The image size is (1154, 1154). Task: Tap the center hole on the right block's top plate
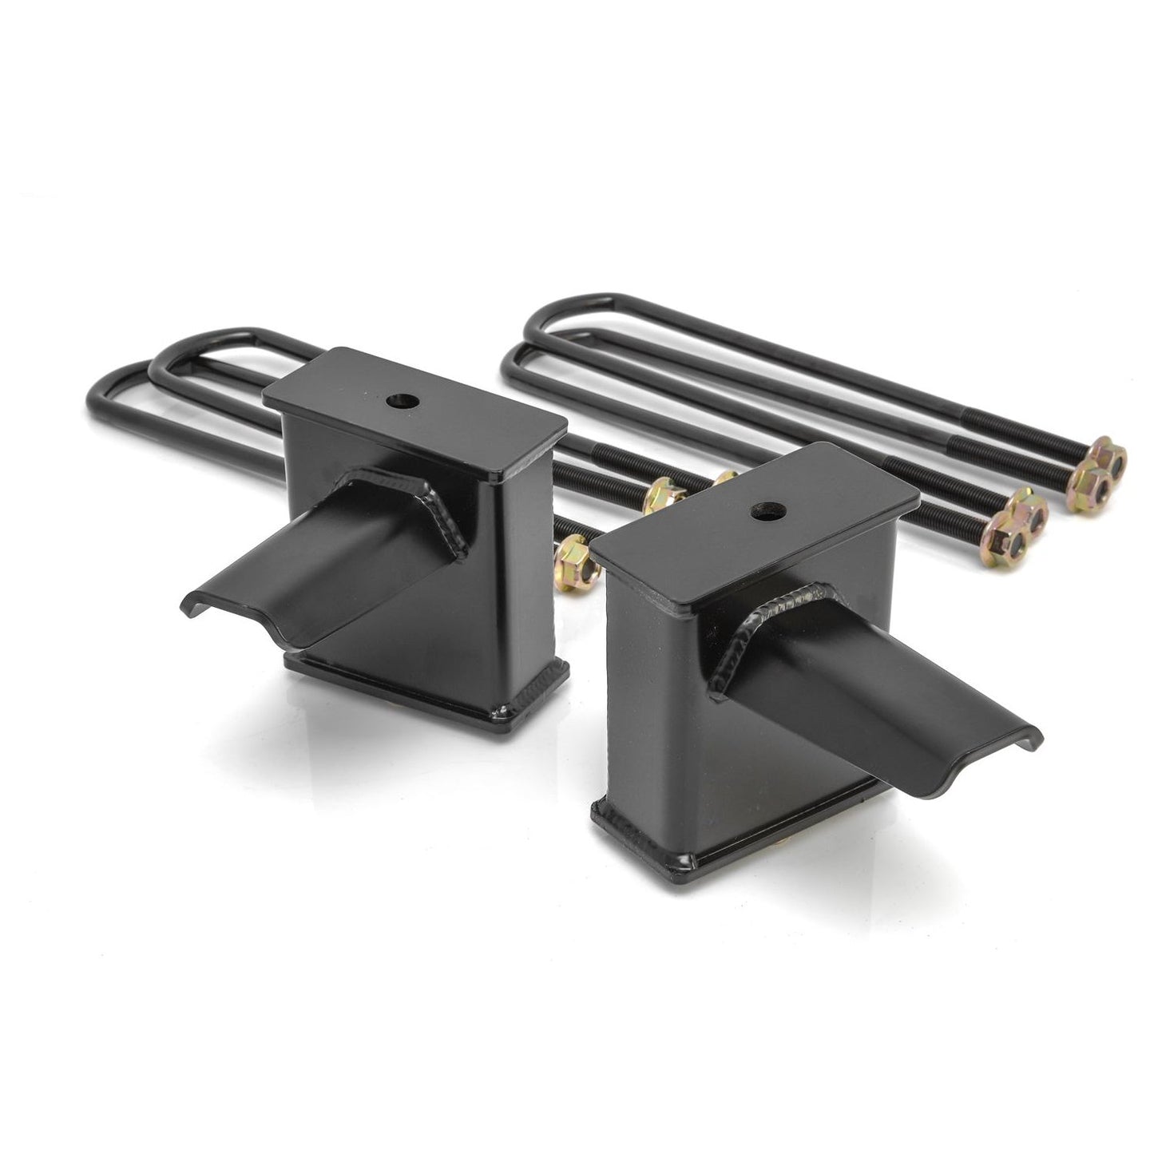[x=771, y=508]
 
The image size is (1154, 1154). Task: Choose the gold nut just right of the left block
[x=661, y=497]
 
